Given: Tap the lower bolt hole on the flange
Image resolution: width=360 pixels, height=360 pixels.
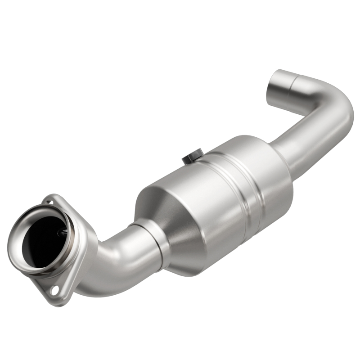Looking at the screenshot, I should (x=55, y=290).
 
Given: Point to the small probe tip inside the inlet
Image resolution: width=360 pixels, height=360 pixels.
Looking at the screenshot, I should (x=63, y=233).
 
